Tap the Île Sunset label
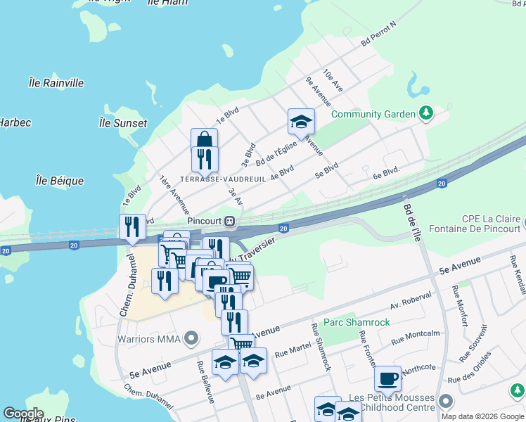(x=123, y=123)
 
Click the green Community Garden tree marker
(x=425, y=113)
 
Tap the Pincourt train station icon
(x=229, y=221)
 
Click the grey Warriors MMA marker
(x=190, y=340)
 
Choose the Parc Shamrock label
(x=352, y=324)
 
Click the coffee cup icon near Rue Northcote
(x=387, y=378)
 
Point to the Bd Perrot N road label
(x=379, y=33)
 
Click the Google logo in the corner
(x=23, y=414)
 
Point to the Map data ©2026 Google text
(x=482, y=416)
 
